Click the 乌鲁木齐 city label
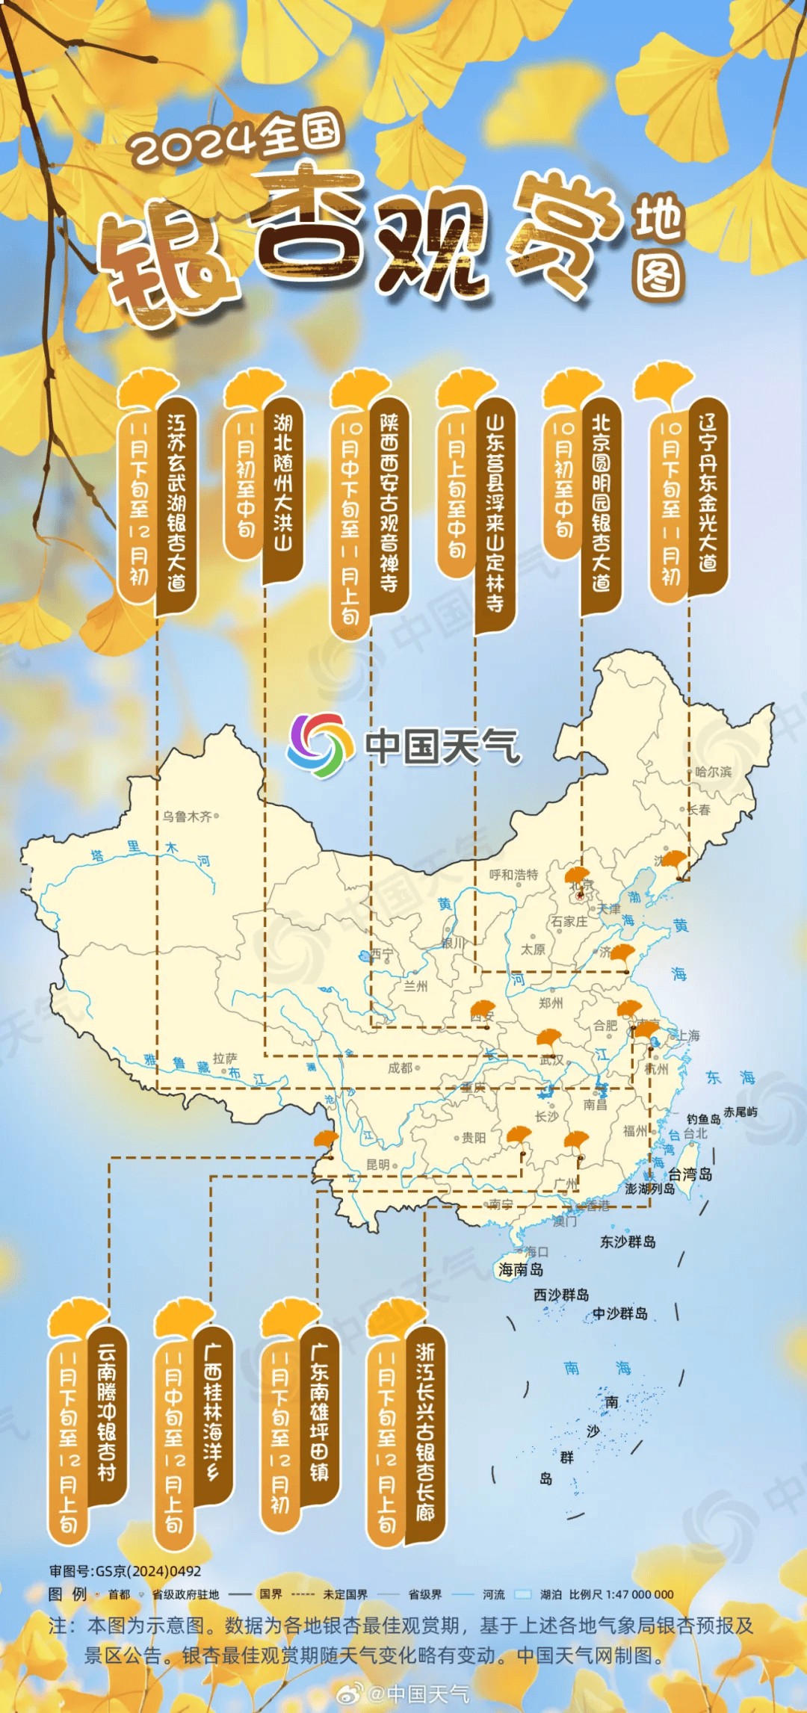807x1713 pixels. tap(188, 817)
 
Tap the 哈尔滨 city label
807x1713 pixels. tap(713, 772)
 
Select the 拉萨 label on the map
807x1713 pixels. tap(224, 1059)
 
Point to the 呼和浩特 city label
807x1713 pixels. tap(513, 874)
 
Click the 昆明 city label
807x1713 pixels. tap(378, 1165)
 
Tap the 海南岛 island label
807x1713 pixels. tap(521, 1269)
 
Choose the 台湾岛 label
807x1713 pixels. tap(690, 1174)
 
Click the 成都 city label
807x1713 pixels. tap(400, 1068)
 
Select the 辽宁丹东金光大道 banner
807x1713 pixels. tap(708, 493)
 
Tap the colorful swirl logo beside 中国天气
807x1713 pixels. tap(320, 745)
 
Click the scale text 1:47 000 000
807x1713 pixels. tap(621, 1594)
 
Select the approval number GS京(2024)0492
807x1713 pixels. tap(126, 1571)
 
